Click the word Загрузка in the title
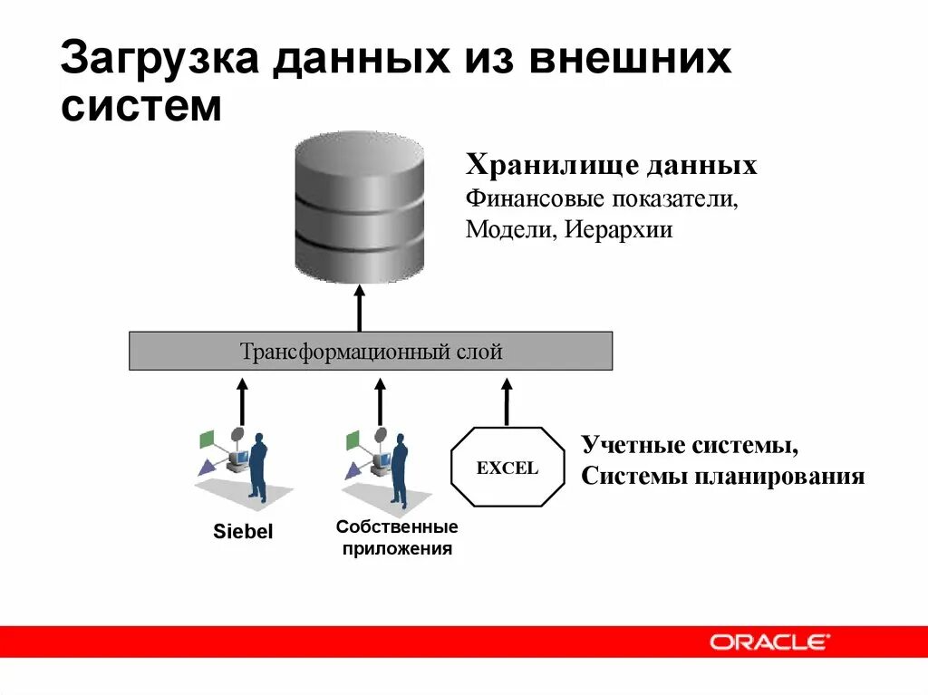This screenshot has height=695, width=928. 159,62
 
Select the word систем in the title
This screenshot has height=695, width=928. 141,107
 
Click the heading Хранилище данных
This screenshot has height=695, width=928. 612,166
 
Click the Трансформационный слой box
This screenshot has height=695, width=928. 371,352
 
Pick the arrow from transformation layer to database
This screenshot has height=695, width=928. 360,308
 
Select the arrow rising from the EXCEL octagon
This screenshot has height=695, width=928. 507,401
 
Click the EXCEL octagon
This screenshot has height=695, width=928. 507,468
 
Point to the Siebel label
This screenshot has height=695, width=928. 243,532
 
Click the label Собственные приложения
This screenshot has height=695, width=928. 397,537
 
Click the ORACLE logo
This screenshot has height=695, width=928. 768,642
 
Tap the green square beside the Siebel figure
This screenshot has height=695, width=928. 207,439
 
